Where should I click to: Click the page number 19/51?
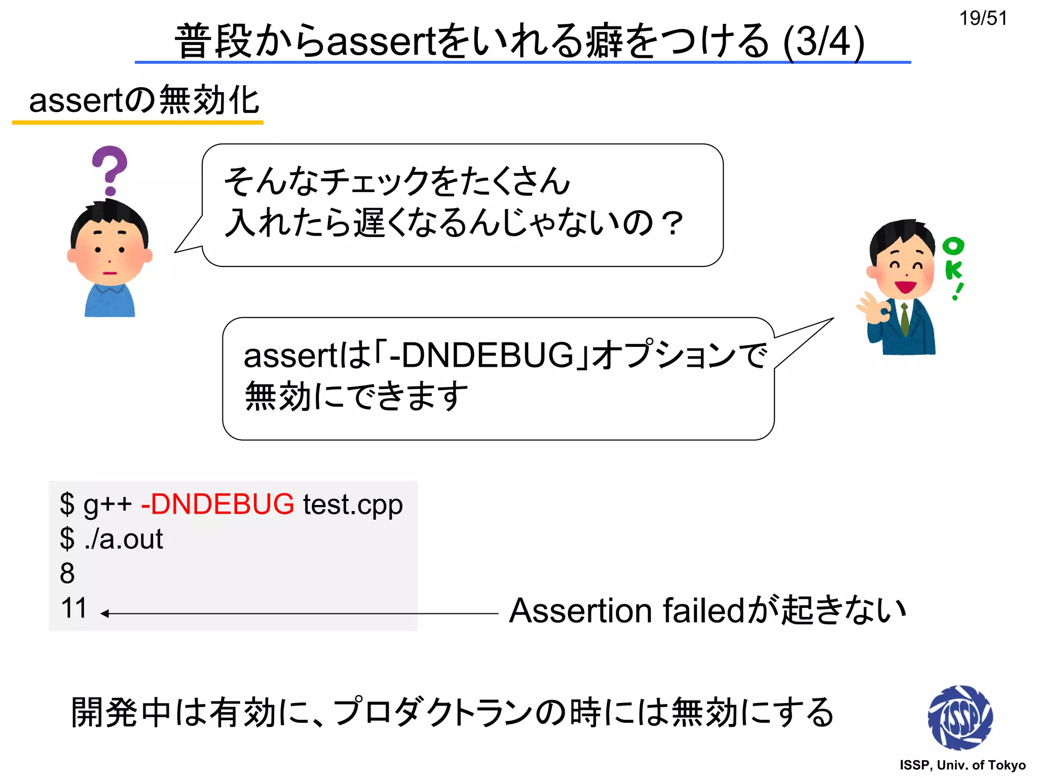(983, 18)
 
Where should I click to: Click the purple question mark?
(109, 170)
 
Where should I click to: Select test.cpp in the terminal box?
(353, 504)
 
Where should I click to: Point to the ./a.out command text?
(124, 539)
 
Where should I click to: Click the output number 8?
(67, 573)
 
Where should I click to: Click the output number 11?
(73, 608)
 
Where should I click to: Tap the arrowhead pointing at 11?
(104, 613)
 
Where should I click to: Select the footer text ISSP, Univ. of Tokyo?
(962, 765)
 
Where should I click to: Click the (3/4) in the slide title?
(823, 42)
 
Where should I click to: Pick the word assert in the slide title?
(381, 42)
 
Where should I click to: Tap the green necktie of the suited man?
(905, 319)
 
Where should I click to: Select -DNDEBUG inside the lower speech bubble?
(481, 356)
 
